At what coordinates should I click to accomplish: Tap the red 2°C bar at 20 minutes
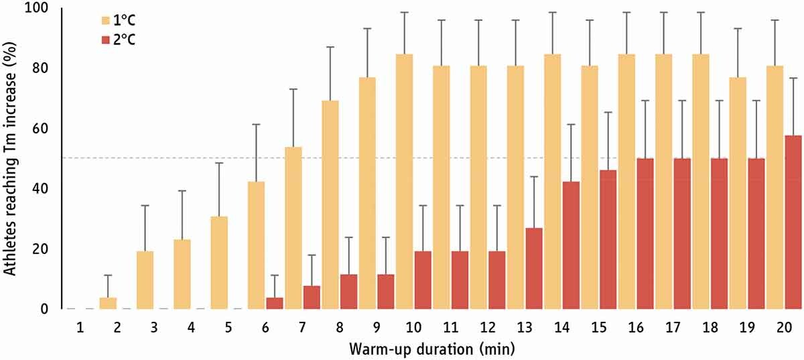793,222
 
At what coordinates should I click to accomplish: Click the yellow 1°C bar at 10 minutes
404,181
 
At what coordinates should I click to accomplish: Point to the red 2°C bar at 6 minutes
275,303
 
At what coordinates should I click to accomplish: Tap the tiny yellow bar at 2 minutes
108,303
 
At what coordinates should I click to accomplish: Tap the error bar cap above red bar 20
793,78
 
